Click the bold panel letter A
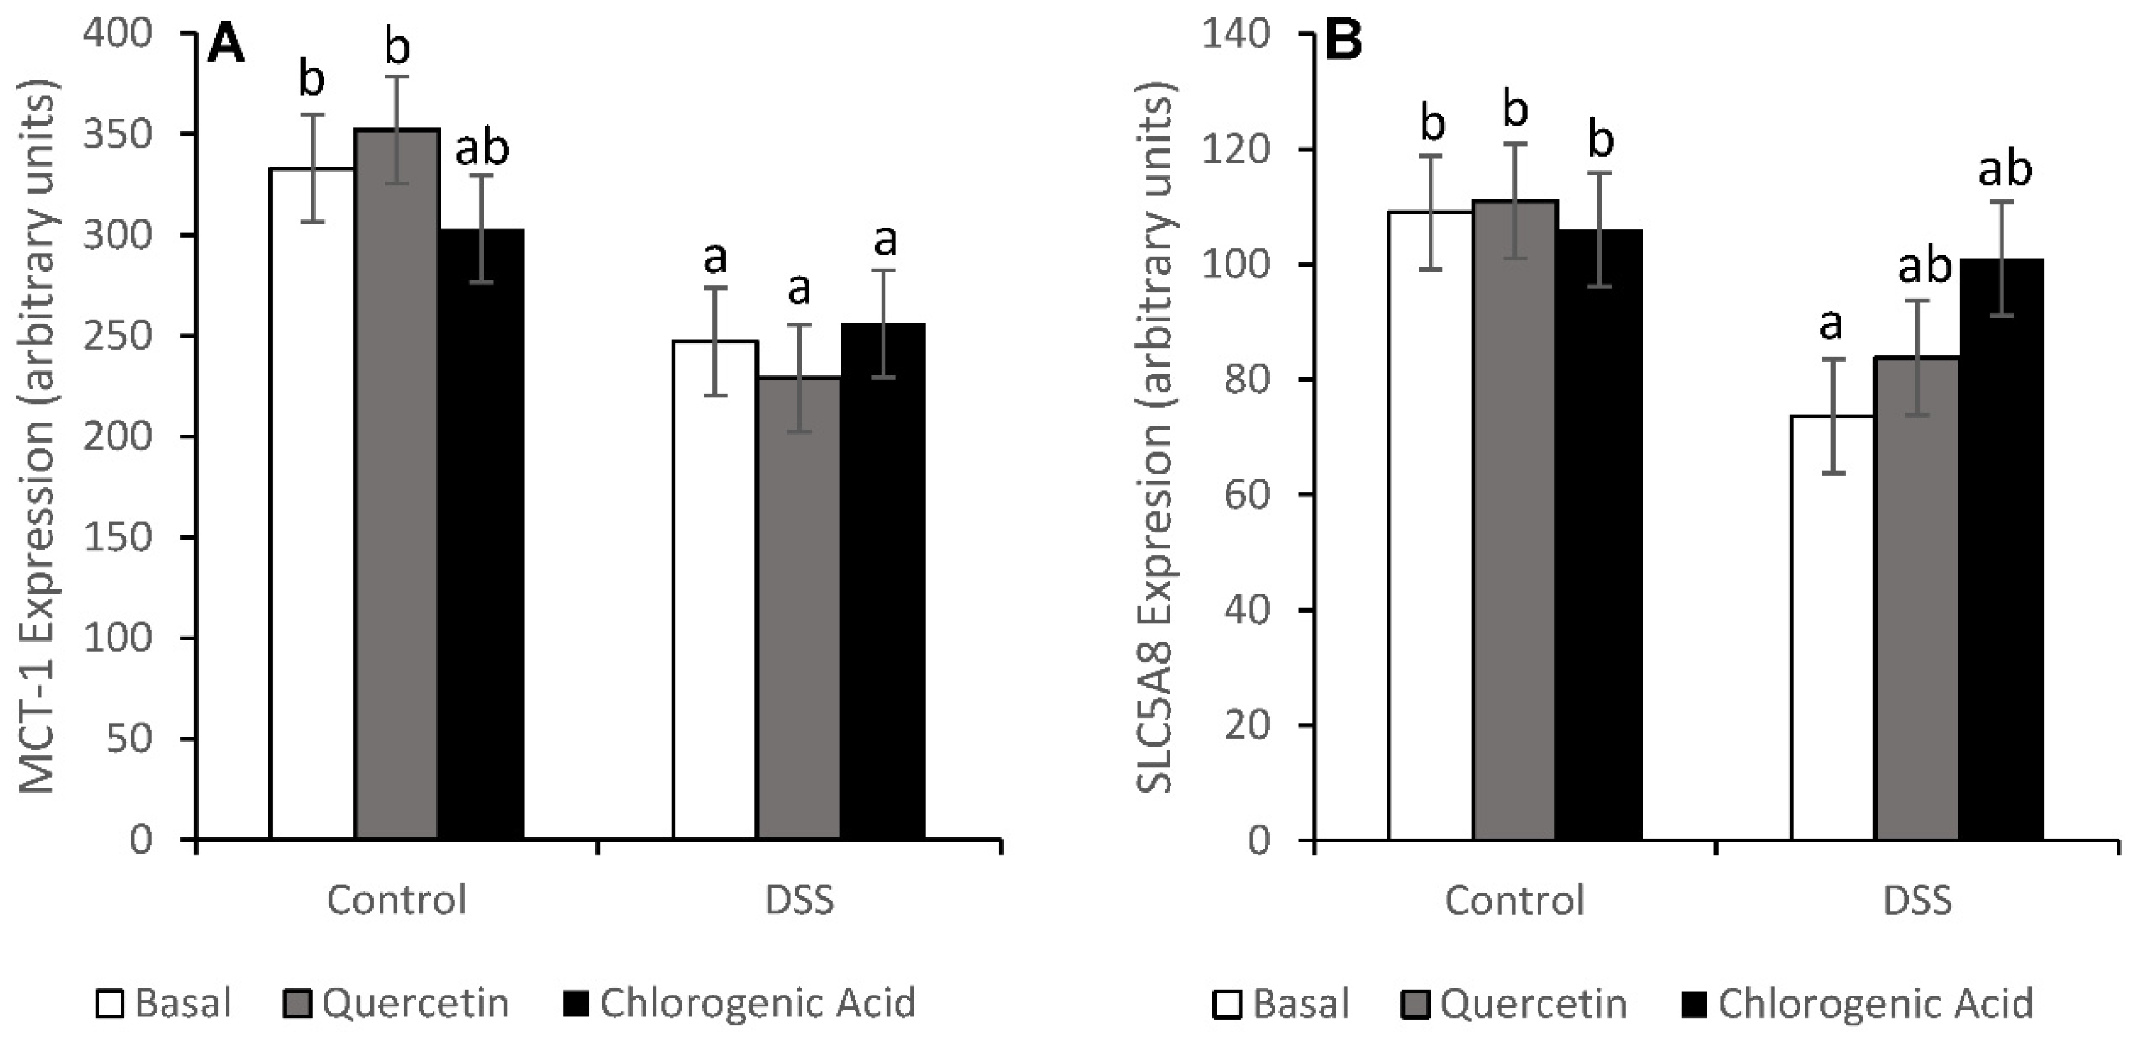tap(226, 43)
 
